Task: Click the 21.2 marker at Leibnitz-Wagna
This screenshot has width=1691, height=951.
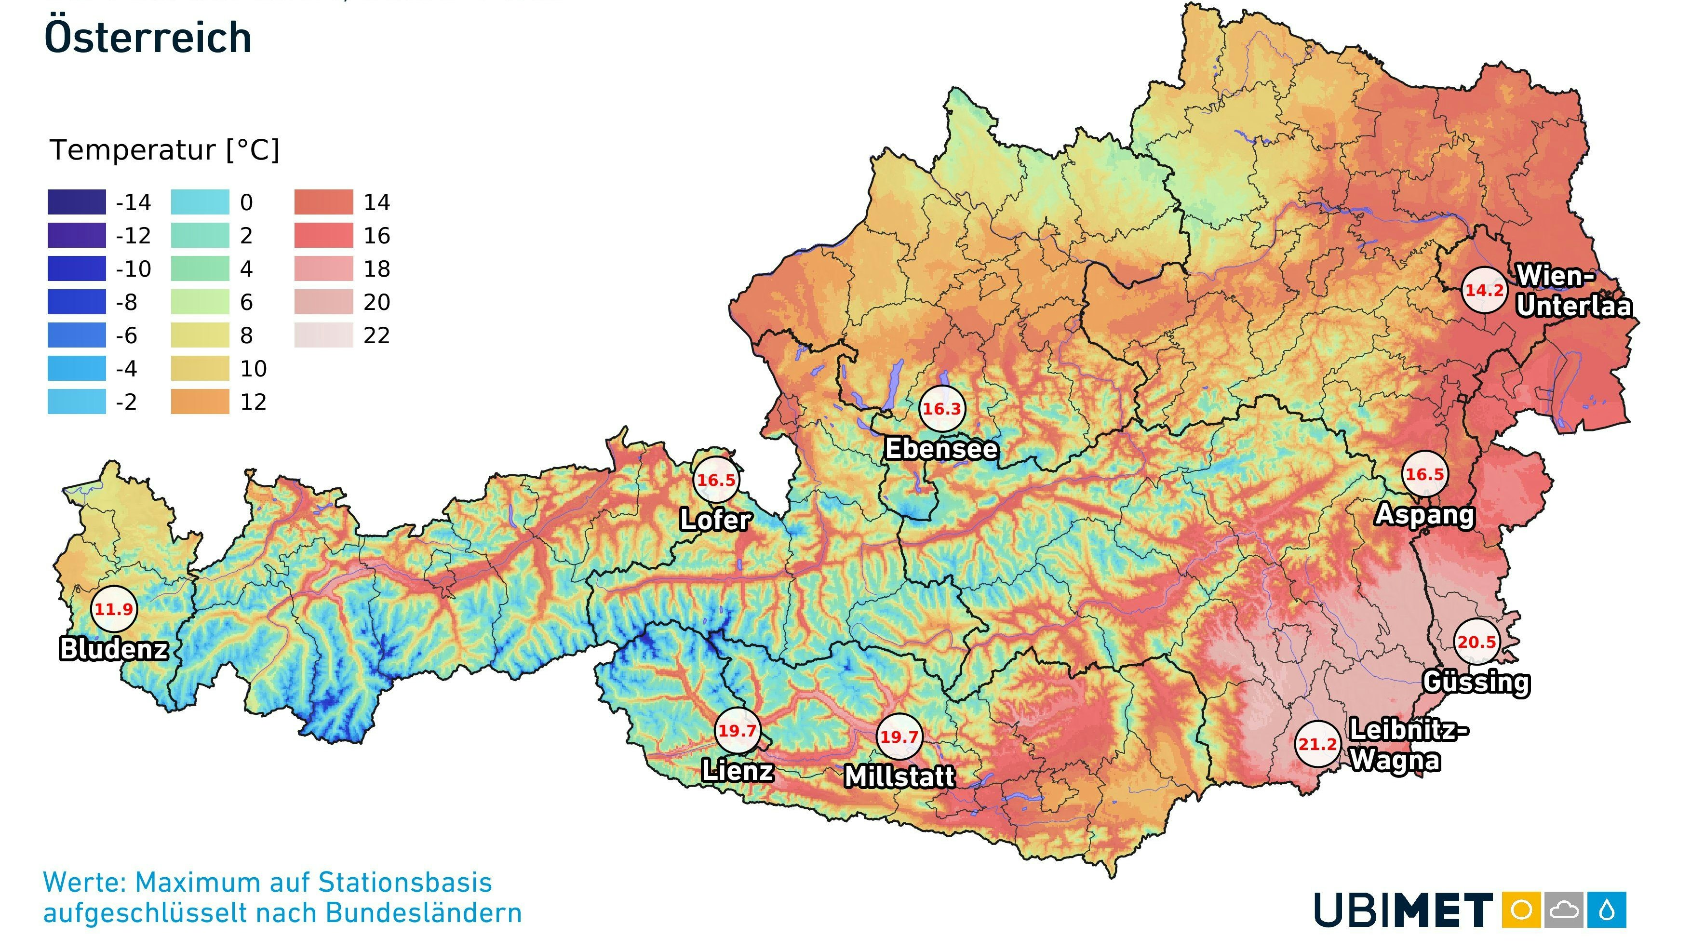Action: point(1317,744)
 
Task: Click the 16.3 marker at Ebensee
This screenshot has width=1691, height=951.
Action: point(941,408)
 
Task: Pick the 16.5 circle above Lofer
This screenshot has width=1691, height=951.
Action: point(715,479)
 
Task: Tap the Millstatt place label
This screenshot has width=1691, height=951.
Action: point(899,777)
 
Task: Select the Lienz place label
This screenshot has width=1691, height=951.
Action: point(737,770)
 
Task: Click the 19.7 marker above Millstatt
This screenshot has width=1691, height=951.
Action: point(899,737)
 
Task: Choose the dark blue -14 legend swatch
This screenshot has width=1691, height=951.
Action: point(76,201)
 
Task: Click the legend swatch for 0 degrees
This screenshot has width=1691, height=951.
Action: point(200,201)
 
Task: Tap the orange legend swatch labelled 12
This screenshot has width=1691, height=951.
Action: point(200,401)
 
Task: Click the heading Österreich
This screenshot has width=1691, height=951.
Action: point(148,38)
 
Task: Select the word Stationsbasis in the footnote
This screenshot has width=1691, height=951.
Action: point(405,882)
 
